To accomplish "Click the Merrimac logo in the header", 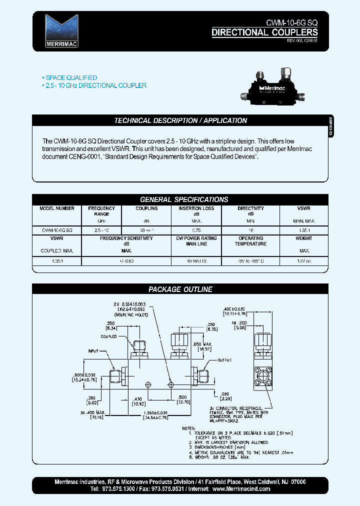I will click(61, 30).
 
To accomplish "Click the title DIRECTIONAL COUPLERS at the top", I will click(264, 32).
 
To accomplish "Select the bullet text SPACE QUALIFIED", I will click(71, 78).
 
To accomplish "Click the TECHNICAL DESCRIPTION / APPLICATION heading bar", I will click(180, 120).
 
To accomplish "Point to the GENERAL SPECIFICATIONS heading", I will click(184, 199).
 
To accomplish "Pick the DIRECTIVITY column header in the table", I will click(250, 208).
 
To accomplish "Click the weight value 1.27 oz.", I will click(303, 261).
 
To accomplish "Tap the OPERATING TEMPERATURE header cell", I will click(250, 241).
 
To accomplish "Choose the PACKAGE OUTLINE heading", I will click(180, 289).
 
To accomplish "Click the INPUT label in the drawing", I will click(94, 351).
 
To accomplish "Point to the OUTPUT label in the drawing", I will click(225, 360).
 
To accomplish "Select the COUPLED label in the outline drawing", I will click(108, 336).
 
